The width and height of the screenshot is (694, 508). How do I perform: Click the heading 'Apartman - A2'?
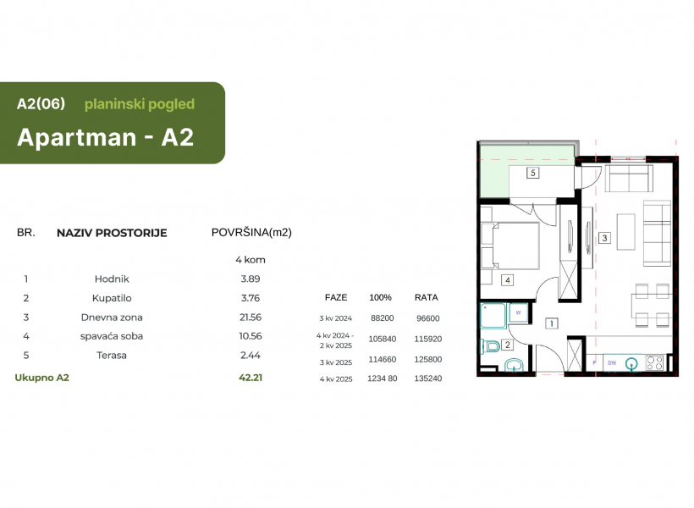(x=105, y=137)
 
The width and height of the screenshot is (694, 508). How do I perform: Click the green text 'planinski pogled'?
(x=140, y=104)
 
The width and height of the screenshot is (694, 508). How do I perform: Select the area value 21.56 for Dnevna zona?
(x=250, y=317)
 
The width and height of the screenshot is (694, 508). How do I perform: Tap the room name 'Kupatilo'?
(x=112, y=298)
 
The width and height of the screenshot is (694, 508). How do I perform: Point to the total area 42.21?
(x=251, y=378)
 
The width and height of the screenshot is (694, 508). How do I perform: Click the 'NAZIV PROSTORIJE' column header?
(x=112, y=233)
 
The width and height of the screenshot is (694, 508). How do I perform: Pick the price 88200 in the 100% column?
(x=382, y=318)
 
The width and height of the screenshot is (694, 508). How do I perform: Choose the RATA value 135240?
(x=428, y=378)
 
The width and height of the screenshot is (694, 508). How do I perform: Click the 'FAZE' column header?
(x=336, y=298)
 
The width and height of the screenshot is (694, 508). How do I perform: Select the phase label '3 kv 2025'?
(x=336, y=362)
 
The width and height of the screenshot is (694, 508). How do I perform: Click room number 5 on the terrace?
(x=533, y=173)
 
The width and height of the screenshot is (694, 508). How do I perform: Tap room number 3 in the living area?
(x=604, y=238)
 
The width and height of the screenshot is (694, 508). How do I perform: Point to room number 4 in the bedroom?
(x=507, y=280)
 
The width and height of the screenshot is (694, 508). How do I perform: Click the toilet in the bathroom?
(x=490, y=345)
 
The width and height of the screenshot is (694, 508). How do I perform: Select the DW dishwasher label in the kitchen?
(x=612, y=362)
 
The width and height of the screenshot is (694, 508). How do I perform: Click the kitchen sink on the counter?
(x=631, y=363)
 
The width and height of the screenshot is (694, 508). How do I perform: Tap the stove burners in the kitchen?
(x=654, y=363)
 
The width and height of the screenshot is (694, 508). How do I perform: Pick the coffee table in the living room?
(x=625, y=232)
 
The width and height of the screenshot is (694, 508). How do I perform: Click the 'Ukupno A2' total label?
(x=42, y=378)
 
